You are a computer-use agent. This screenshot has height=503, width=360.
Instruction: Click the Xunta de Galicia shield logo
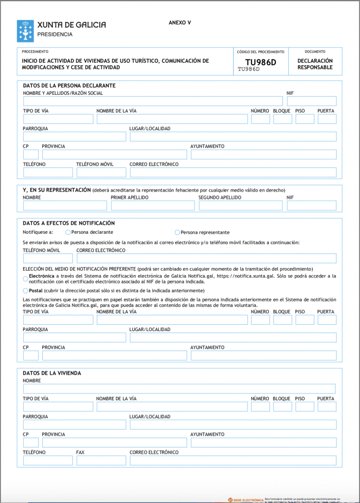click(x=26, y=30)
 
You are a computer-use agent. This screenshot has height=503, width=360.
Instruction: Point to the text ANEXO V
click(x=180, y=23)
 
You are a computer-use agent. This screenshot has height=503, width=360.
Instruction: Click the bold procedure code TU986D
click(x=261, y=62)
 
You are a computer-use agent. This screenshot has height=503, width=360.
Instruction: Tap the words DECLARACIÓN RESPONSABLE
click(x=315, y=64)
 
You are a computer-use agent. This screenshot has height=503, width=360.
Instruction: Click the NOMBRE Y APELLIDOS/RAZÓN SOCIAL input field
click(x=153, y=101)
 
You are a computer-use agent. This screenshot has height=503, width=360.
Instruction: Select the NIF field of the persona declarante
click(x=311, y=101)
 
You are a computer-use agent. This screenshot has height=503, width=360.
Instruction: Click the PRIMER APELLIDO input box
click(x=152, y=205)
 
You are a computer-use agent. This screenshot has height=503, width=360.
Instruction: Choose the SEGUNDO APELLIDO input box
click(x=240, y=205)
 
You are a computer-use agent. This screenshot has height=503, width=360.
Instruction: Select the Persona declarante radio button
click(x=68, y=232)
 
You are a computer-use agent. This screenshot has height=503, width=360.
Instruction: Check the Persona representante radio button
click(x=177, y=232)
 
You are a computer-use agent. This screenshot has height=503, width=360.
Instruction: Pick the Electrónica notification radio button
click(x=26, y=279)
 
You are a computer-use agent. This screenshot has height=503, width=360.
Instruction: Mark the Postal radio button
click(x=26, y=291)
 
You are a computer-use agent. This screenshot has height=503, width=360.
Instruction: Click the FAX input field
click(x=101, y=460)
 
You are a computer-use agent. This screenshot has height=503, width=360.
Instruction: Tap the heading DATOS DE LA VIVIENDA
click(x=52, y=373)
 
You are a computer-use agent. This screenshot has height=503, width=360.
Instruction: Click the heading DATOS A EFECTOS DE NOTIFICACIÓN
click(x=69, y=223)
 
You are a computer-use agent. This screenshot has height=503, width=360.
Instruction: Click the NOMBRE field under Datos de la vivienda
click(x=179, y=389)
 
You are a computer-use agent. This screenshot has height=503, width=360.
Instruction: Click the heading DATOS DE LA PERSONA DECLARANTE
click(x=69, y=85)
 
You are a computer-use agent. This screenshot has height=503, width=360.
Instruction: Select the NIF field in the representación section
click(x=311, y=205)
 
